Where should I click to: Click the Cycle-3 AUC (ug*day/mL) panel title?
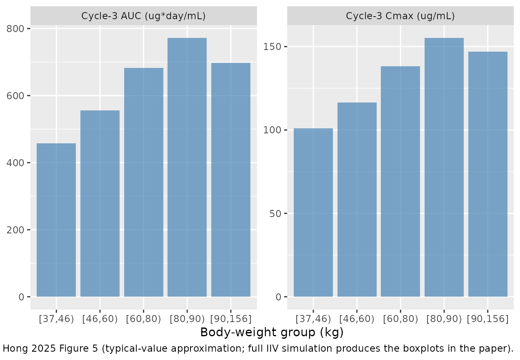(143, 16)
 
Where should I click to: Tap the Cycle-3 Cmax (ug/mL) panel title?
(400, 16)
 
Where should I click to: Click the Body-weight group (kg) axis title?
(272, 332)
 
